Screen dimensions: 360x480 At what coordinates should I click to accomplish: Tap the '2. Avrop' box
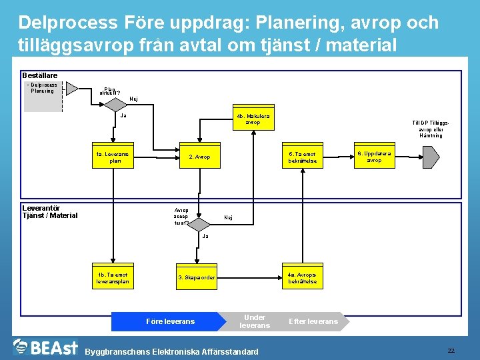[x=199, y=157]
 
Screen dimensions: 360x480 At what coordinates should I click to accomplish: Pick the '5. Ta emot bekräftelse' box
[x=302, y=157]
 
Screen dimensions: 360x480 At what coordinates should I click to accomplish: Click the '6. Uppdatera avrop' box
[x=374, y=157]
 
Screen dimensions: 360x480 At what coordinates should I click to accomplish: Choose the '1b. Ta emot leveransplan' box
[x=111, y=277]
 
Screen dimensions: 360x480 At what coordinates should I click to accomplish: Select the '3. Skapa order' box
[x=196, y=277]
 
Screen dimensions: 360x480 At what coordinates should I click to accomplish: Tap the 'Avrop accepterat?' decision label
[x=181, y=217]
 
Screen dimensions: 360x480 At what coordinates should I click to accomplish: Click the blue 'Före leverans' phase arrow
[x=169, y=321]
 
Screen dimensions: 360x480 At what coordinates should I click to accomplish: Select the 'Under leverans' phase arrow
[x=255, y=321]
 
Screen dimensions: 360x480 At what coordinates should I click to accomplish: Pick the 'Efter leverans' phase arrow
[x=313, y=321]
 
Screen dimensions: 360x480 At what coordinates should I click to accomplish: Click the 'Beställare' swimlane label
[x=40, y=76]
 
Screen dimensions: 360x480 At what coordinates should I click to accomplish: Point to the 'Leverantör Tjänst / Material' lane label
[x=50, y=211]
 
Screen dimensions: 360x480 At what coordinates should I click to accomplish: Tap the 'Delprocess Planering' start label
[x=44, y=87]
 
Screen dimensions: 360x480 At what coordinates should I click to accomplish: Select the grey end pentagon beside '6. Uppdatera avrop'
[x=430, y=157]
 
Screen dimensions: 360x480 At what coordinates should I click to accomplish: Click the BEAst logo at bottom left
[x=45, y=347]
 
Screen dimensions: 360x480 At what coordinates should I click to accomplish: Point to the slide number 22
[x=451, y=351]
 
